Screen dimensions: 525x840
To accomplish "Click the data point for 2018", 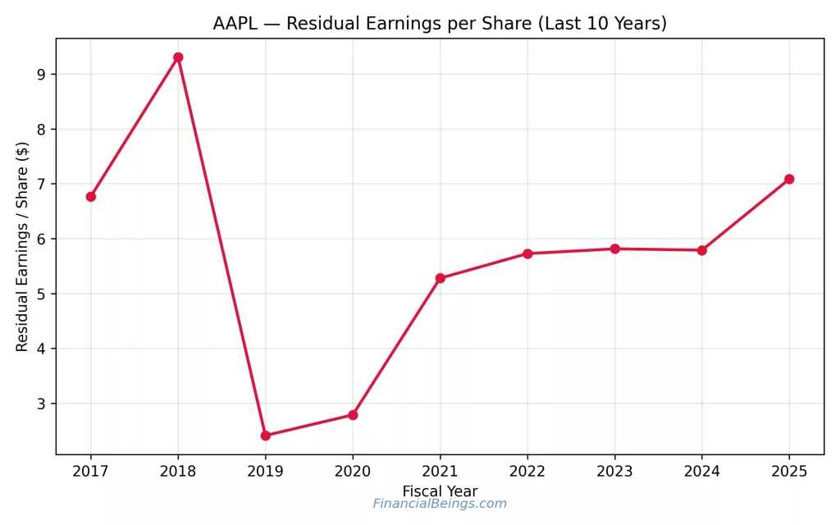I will tap(178, 57).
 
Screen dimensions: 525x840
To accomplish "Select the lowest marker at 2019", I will tap(265, 436).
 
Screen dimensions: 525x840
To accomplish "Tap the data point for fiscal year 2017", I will tap(91, 197).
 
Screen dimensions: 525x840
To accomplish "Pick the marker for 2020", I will tap(353, 415).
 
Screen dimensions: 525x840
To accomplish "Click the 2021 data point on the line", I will tap(440, 278).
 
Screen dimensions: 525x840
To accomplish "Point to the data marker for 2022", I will tap(527, 253).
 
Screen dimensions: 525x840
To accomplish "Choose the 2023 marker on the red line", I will tap(614, 249).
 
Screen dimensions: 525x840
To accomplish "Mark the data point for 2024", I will tap(702, 250).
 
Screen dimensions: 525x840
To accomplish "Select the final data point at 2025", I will tap(789, 179).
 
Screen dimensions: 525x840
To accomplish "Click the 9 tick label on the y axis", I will tap(40, 75).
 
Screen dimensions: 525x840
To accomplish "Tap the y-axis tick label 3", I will tap(40, 404).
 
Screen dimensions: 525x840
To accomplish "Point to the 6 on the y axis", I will tap(40, 240).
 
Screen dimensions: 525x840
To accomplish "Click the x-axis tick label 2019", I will tap(265, 472).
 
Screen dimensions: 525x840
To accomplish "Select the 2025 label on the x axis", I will tap(789, 472).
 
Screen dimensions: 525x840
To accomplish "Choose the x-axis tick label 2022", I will tap(527, 472).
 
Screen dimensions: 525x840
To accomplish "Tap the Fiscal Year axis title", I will tap(440, 491).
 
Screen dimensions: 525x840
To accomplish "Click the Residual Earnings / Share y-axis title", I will tap(23, 246).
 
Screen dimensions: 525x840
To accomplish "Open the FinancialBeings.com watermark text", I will tap(440, 504).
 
